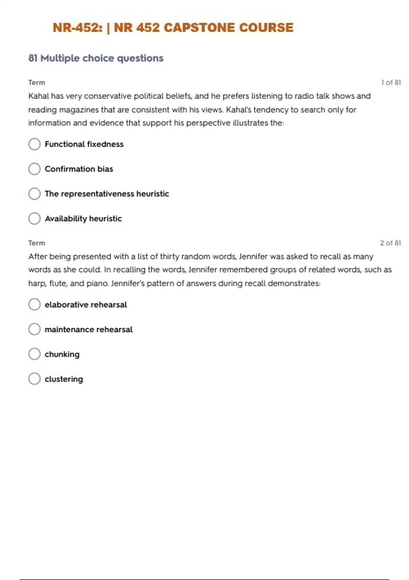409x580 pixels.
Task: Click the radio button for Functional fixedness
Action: click(x=34, y=144)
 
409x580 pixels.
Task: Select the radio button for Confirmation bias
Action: click(x=34, y=169)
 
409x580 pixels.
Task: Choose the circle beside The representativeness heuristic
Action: click(x=34, y=194)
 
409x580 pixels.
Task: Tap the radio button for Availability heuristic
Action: click(x=34, y=218)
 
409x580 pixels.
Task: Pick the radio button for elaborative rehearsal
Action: click(x=34, y=304)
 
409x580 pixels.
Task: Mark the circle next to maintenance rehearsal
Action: click(x=34, y=329)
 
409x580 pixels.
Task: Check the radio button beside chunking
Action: click(x=34, y=354)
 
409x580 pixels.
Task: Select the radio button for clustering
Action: click(x=34, y=379)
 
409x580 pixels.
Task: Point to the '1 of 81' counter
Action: click(x=391, y=83)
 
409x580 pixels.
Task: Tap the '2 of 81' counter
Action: click(x=390, y=243)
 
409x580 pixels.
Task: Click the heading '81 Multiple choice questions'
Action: click(x=96, y=58)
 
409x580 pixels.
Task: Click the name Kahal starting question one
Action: click(x=39, y=96)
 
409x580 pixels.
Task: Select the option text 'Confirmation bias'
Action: click(x=79, y=169)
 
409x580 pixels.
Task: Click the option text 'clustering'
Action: click(x=64, y=379)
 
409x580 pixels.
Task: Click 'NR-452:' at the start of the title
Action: click(x=77, y=28)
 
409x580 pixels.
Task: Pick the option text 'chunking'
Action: click(x=62, y=354)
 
